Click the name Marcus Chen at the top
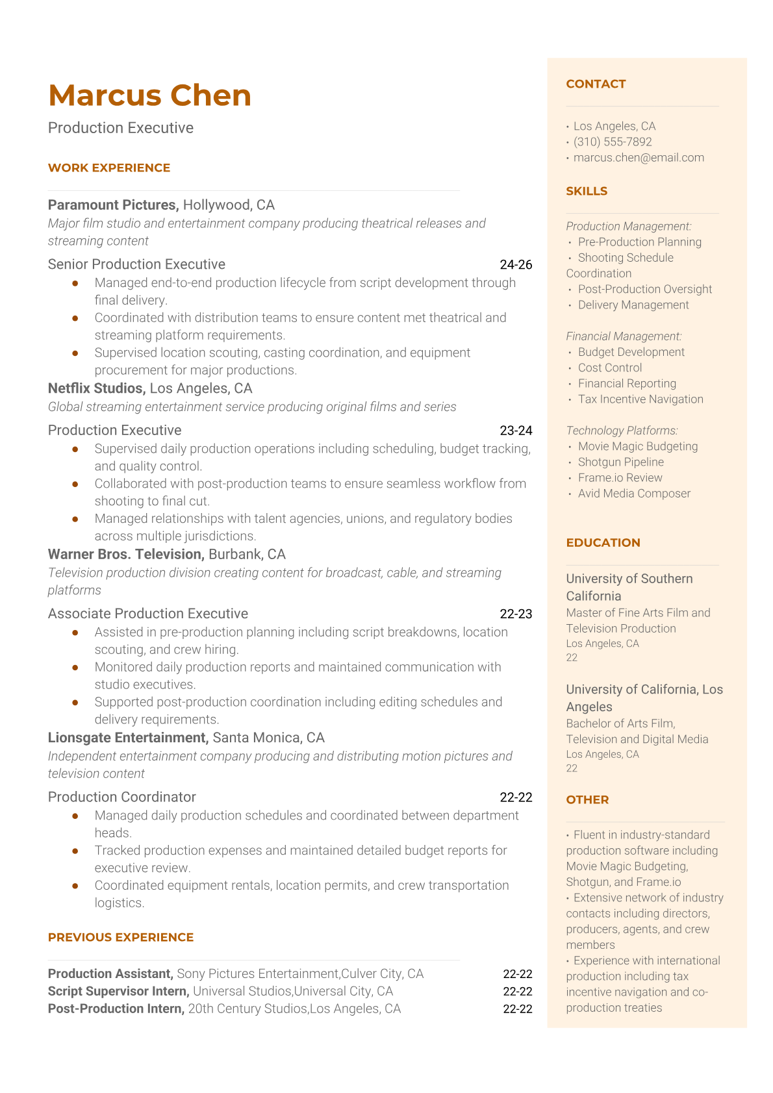(x=149, y=95)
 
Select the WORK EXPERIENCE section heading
(x=109, y=168)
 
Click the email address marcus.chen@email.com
(x=639, y=157)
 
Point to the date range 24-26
(x=516, y=264)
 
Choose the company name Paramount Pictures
(x=112, y=205)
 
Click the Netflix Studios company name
(x=96, y=388)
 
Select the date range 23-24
(x=516, y=431)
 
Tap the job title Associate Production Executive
(x=148, y=614)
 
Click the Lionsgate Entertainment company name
(x=128, y=738)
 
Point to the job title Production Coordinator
(x=122, y=797)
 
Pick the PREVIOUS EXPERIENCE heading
(x=121, y=937)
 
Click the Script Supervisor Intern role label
(x=118, y=991)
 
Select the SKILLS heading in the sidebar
(x=587, y=191)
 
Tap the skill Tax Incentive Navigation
(x=640, y=399)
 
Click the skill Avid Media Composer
(x=634, y=494)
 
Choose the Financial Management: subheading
(x=624, y=336)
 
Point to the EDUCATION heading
(x=603, y=543)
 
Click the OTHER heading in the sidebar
(x=587, y=800)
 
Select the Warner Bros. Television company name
(x=125, y=555)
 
